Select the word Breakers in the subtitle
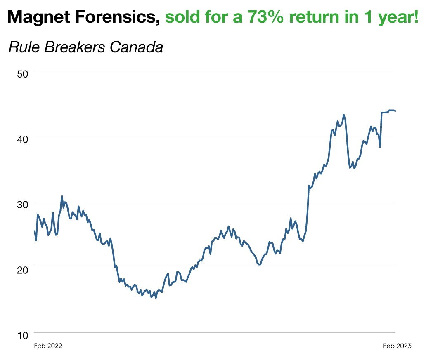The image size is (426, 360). tap(73, 47)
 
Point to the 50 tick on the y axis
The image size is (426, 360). tap(22, 74)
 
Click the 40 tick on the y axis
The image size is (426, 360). tap(22, 139)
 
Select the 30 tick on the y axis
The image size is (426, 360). tap(22, 204)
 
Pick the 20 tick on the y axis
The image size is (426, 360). tap(22, 270)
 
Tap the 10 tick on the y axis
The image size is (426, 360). tap(22, 335)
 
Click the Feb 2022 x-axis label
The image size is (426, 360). tap(48, 346)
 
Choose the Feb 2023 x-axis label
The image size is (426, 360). tap(397, 346)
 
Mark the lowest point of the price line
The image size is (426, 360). tap(156, 297)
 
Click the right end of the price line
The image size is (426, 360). tap(395, 111)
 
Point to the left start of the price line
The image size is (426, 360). tap(35, 231)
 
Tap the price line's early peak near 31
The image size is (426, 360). tap(62, 196)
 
